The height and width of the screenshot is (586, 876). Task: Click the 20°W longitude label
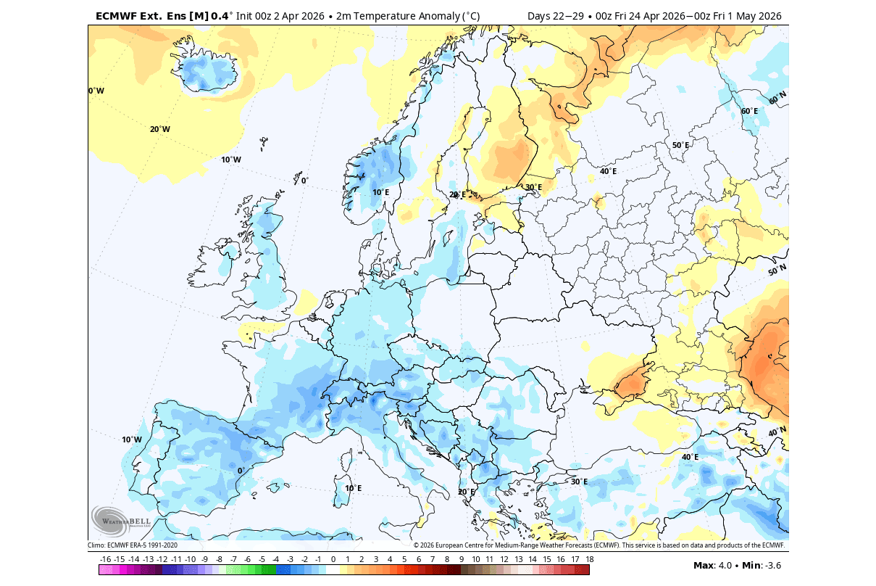160,130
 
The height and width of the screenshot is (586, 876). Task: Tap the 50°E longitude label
680,145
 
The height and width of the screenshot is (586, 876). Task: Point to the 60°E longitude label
749,111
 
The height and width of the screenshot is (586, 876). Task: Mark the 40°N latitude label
777,432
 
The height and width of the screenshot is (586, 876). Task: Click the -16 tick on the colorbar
105,559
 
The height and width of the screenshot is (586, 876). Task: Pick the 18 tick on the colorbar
590,559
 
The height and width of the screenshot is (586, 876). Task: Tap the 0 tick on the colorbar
333,559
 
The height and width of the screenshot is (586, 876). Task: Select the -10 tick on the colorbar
191,559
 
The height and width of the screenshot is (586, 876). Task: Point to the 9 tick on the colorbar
462,559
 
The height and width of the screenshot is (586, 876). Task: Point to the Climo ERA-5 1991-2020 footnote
133,545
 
